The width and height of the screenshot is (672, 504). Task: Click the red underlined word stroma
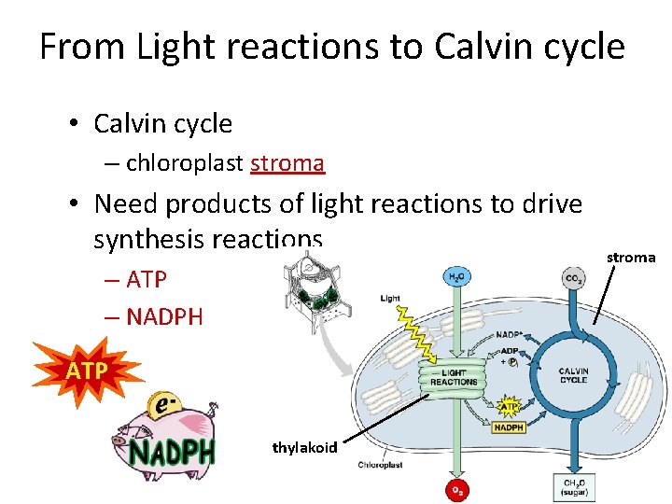point(287,163)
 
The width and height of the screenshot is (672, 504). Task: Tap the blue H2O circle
point(455,276)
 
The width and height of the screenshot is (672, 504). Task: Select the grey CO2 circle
point(573,277)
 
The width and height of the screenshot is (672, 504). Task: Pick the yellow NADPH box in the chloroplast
point(508,427)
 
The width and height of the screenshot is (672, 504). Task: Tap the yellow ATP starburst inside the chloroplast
point(510,407)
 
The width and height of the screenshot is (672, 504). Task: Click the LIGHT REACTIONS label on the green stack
point(455,378)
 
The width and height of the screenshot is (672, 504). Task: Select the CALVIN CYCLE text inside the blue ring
point(572,375)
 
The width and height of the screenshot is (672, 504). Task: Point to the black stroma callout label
point(631,258)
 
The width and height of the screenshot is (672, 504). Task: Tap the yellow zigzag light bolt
point(415,337)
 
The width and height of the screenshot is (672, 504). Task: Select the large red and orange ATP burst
point(85,371)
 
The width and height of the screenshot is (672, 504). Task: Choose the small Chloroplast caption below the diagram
point(380,465)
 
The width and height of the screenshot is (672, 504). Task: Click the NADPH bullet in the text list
point(163,317)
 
